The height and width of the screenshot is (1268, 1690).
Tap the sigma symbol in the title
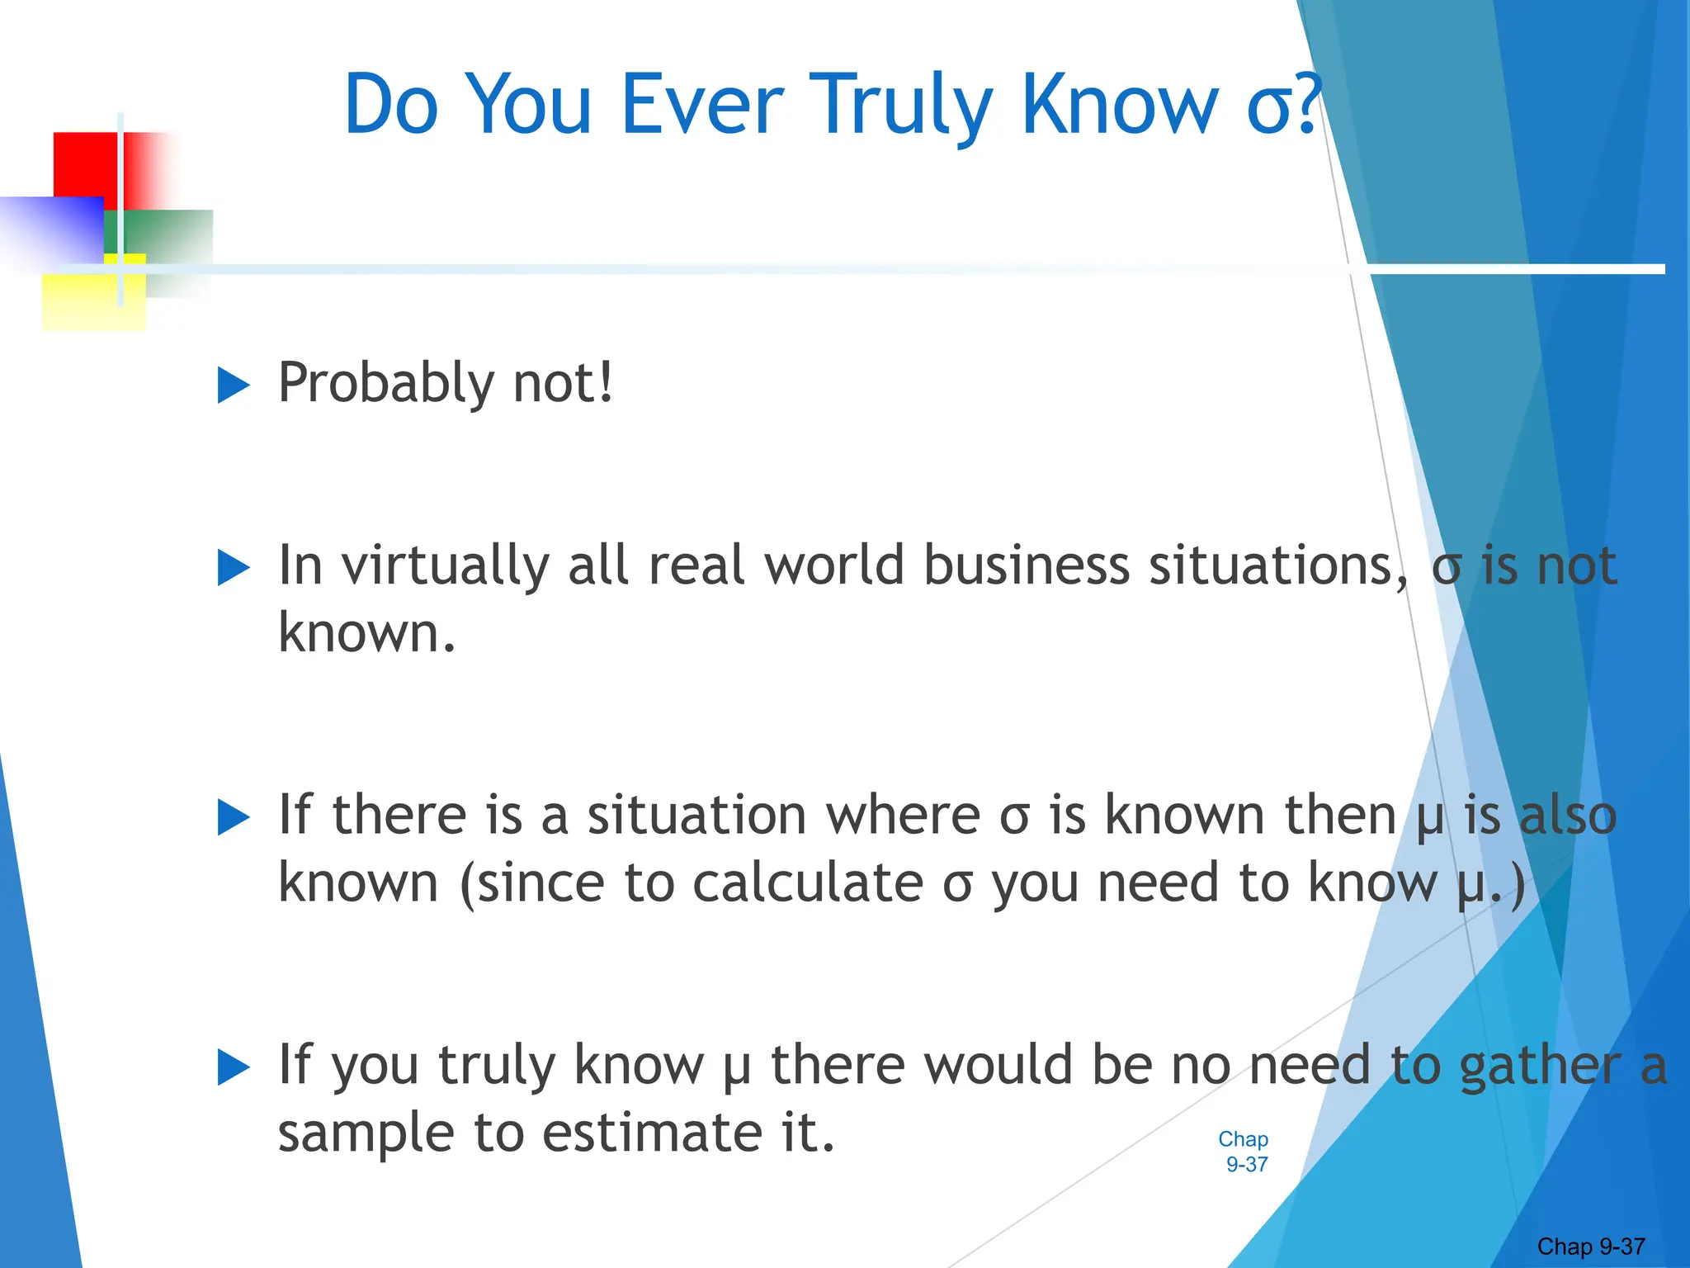coord(1269,111)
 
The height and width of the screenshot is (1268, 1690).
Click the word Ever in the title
coord(701,106)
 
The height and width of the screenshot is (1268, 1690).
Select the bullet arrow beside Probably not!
coord(233,386)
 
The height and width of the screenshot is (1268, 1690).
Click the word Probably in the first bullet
coord(385,384)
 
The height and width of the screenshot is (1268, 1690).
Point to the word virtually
coord(446,566)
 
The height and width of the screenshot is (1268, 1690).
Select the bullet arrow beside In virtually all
coord(233,568)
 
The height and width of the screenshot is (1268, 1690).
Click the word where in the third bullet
coord(903,816)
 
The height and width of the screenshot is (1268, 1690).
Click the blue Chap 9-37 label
coord(1244,1152)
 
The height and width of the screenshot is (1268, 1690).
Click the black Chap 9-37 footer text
coord(1591,1247)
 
